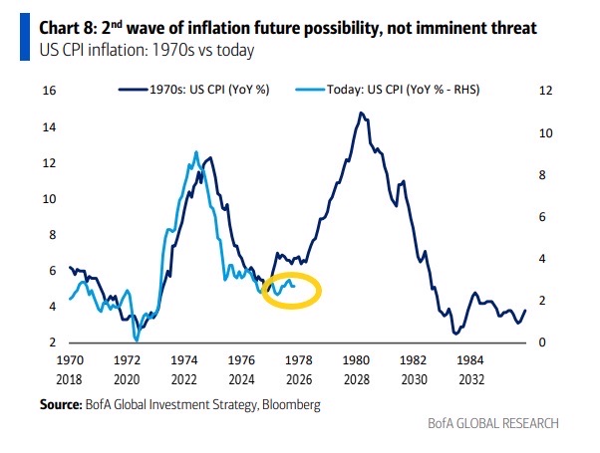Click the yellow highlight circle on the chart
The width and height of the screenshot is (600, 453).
pyautogui.click(x=292, y=290)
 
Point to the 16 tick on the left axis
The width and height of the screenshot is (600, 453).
pyautogui.click(x=48, y=91)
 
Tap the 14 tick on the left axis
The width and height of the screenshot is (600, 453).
pyautogui.click(x=48, y=126)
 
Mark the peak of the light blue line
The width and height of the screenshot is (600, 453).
pyautogui.click(x=195, y=152)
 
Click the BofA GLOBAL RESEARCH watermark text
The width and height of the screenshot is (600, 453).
pyautogui.click(x=494, y=422)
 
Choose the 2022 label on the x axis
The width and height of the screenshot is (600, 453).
pyautogui.click(x=184, y=378)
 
